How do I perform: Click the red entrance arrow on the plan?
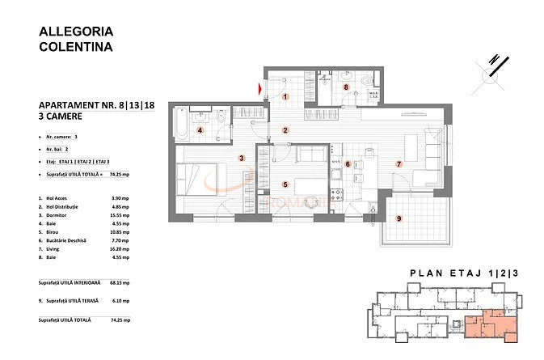(x=260, y=88)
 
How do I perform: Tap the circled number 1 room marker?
(x=285, y=97)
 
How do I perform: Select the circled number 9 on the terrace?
(x=398, y=218)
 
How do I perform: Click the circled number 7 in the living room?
(x=398, y=164)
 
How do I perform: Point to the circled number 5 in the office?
(x=285, y=184)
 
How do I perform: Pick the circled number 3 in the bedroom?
(x=241, y=158)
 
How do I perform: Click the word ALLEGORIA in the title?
(x=76, y=32)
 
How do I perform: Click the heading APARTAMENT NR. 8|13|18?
(x=96, y=106)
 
